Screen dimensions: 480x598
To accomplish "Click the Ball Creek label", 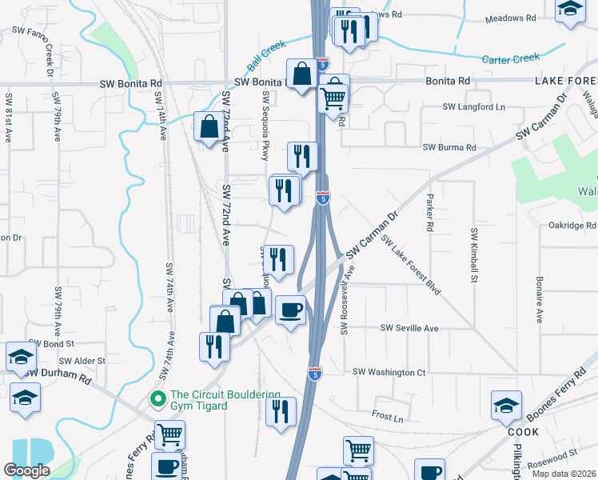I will (x=266, y=54).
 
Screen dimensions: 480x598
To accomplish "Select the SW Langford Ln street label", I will (x=475, y=106).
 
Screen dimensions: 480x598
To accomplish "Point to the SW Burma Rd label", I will (x=449, y=147).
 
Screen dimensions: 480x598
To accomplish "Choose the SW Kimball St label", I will (x=473, y=255).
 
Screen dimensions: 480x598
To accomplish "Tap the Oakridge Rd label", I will (x=572, y=226).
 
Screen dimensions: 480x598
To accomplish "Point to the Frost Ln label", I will (x=388, y=416).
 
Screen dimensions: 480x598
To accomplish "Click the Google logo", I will (x=26, y=470).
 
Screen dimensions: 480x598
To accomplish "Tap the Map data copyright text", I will (x=563, y=474).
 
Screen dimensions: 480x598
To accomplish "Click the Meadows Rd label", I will (x=511, y=18).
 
